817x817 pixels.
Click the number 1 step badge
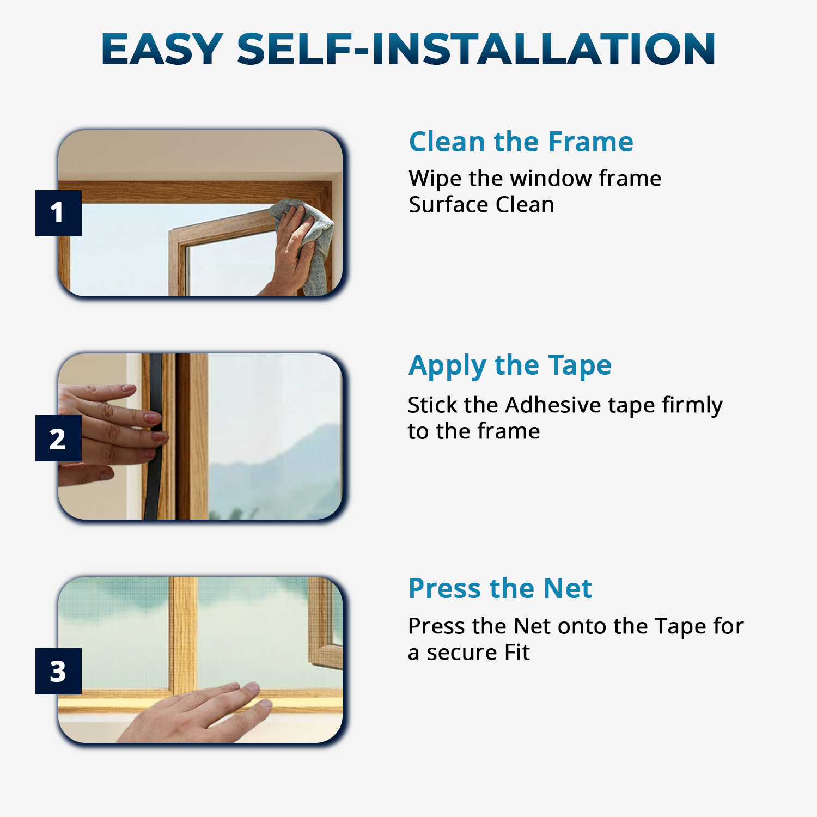(x=58, y=213)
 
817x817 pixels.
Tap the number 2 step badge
(x=58, y=438)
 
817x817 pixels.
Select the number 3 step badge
(x=58, y=671)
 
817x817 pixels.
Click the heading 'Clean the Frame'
(x=521, y=142)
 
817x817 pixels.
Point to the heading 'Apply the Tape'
(x=510, y=365)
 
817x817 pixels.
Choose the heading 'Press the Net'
(x=500, y=588)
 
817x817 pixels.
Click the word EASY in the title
(x=162, y=49)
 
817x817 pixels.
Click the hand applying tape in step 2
(x=109, y=430)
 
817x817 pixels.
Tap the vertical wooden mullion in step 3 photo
(x=183, y=632)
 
